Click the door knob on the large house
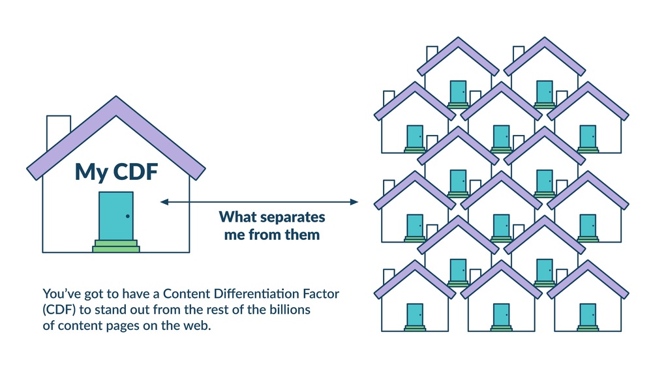click(128, 216)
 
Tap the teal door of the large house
click(116, 216)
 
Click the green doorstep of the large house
click(116, 246)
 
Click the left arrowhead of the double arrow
click(164, 202)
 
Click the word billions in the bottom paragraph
click(290, 310)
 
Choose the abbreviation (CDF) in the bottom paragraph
click(59, 310)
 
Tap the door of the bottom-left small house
click(415, 314)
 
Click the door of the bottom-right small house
click(588, 314)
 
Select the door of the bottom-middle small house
click(501, 314)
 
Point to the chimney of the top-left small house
click(431, 53)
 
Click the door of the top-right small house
click(545, 91)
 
